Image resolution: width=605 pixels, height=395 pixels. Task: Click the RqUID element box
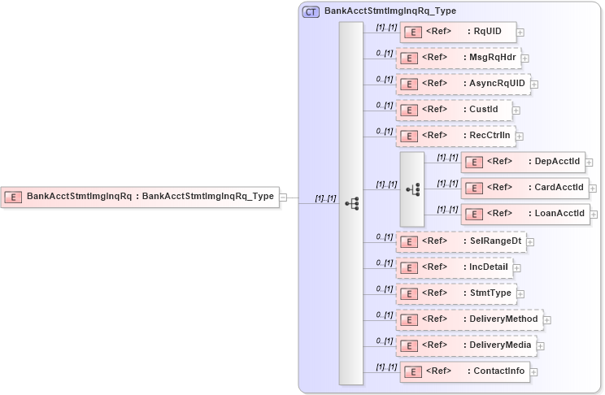(x=458, y=33)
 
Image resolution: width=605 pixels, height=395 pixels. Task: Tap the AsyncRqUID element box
(x=463, y=84)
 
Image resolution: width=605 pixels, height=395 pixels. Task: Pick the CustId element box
(x=454, y=110)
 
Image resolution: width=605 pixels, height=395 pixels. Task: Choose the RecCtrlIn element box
(x=455, y=136)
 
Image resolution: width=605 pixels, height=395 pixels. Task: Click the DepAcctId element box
(x=523, y=162)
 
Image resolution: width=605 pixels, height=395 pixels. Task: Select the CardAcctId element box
(x=524, y=188)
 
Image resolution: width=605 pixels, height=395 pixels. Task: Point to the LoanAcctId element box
(x=524, y=214)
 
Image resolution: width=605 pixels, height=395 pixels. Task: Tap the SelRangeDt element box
(x=460, y=241)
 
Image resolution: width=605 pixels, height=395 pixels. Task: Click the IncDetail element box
(x=455, y=267)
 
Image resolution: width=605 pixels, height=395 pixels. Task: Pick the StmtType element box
(x=456, y=293)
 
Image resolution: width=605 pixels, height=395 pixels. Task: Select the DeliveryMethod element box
(x=469, y=319)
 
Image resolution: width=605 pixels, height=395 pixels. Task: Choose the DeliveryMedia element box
(x=466, y=345)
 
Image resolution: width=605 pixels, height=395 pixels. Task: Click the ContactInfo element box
(x=464, y=371)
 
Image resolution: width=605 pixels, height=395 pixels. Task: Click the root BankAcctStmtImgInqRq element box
(x=140, y=196)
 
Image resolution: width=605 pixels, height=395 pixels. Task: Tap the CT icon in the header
(x=311, y=12)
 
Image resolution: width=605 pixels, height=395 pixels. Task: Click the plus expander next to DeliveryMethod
(x=546, y=320)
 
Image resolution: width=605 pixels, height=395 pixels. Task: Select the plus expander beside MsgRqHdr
(x=525, y=59)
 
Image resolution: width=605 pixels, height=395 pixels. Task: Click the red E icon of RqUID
(x=411, y=33)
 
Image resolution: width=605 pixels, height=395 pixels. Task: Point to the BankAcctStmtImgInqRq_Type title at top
(x=390, y=11)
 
